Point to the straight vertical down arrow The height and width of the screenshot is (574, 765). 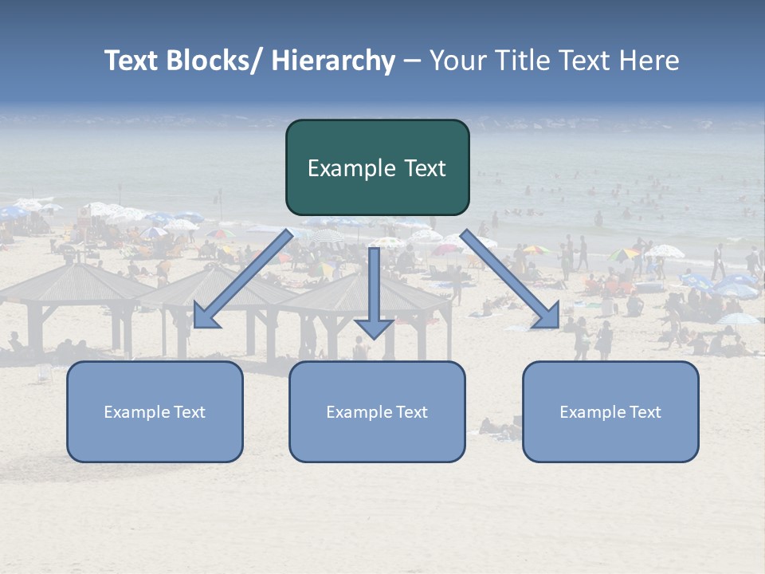click(x=374, y=287)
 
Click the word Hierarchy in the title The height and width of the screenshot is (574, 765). click(x=333, y=61)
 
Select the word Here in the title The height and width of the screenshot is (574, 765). click(x=649, y=61)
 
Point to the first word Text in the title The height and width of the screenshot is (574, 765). click(x=132, y=61)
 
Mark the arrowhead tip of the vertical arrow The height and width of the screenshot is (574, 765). click(x=374, y=337)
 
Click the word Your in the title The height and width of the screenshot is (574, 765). click(x=455, y=61)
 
